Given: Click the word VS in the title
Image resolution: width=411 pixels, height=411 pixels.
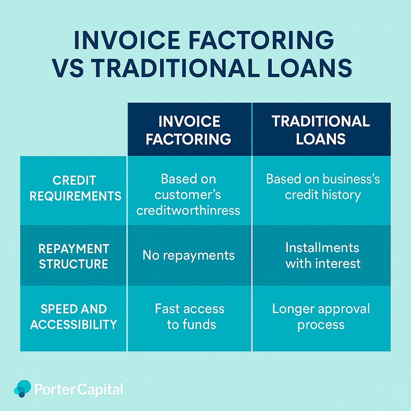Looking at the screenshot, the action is (x=67, y=68).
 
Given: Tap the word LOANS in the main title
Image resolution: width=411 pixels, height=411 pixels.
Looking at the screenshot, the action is (x=310, y=68).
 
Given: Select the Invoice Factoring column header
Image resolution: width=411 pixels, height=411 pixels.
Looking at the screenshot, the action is (x=189, y=130).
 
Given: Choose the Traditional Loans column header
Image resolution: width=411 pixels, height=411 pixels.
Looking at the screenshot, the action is (x=321, y=130).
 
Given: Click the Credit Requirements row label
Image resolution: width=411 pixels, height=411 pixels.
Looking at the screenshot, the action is (x=73, y=190).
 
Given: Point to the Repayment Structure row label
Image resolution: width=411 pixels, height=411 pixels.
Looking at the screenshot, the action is (x=73, y=255).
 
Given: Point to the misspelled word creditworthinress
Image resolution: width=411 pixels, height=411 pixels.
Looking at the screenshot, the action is (x=188, y=210).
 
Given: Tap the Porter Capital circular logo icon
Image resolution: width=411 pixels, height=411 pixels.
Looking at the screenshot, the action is (x=22, y=389).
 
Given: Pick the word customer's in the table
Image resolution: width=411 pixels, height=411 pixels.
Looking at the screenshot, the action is (x=188, y=195).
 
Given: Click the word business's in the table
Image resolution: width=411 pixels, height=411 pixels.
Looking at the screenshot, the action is (x=351, y=179).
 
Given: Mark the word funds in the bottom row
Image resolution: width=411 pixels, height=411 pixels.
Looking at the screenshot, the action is (x=199, y=324).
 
